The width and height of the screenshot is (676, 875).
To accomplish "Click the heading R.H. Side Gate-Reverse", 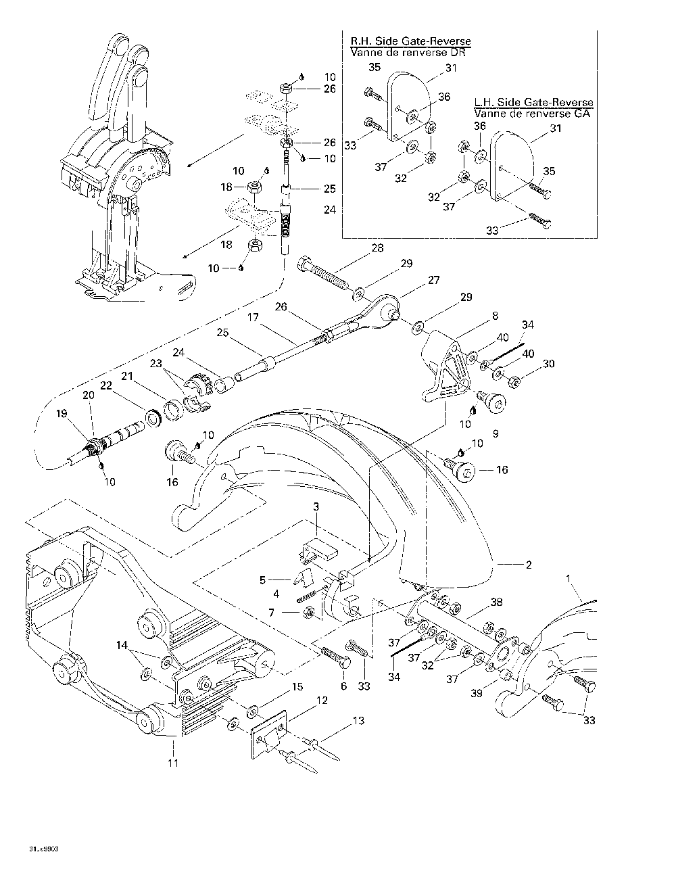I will click(410, 42).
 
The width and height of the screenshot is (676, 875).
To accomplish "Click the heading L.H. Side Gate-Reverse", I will click(533, 102).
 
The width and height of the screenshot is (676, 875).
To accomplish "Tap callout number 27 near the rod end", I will click(433, 280).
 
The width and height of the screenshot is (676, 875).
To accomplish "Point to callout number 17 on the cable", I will click(253, 316).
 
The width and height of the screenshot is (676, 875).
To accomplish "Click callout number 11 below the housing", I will click(173, 763).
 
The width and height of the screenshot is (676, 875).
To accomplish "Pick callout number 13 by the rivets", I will click(359, 721).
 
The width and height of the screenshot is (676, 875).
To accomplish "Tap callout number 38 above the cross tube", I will click(496, 601).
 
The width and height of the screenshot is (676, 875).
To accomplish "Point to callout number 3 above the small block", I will click(316, 506).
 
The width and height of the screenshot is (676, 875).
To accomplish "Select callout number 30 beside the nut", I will click(549, 364).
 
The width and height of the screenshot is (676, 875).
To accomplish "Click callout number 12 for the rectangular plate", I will click(322, 700).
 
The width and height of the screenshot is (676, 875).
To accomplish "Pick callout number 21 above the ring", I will click(126, 376).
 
